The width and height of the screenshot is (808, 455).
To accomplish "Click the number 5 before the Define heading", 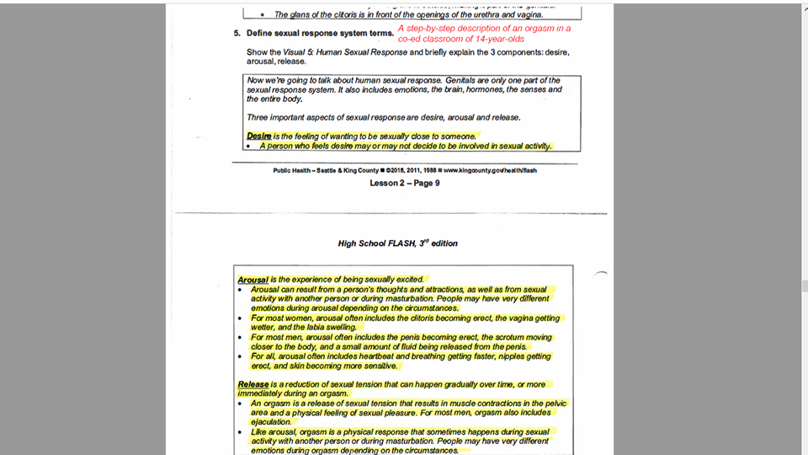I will click(237, 34).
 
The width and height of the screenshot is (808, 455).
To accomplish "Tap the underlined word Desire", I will click(258, 136).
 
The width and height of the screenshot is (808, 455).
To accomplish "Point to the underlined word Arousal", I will click(252, 279).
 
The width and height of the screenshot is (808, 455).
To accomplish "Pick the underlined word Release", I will click(253, 384).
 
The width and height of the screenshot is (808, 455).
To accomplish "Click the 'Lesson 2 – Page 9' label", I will click(404, 183).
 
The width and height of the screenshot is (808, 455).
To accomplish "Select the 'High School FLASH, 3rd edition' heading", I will click(397, 244).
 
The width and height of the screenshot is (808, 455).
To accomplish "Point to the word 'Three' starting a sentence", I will click(258, 116).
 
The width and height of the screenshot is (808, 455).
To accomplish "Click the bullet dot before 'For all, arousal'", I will click(241, 356).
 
